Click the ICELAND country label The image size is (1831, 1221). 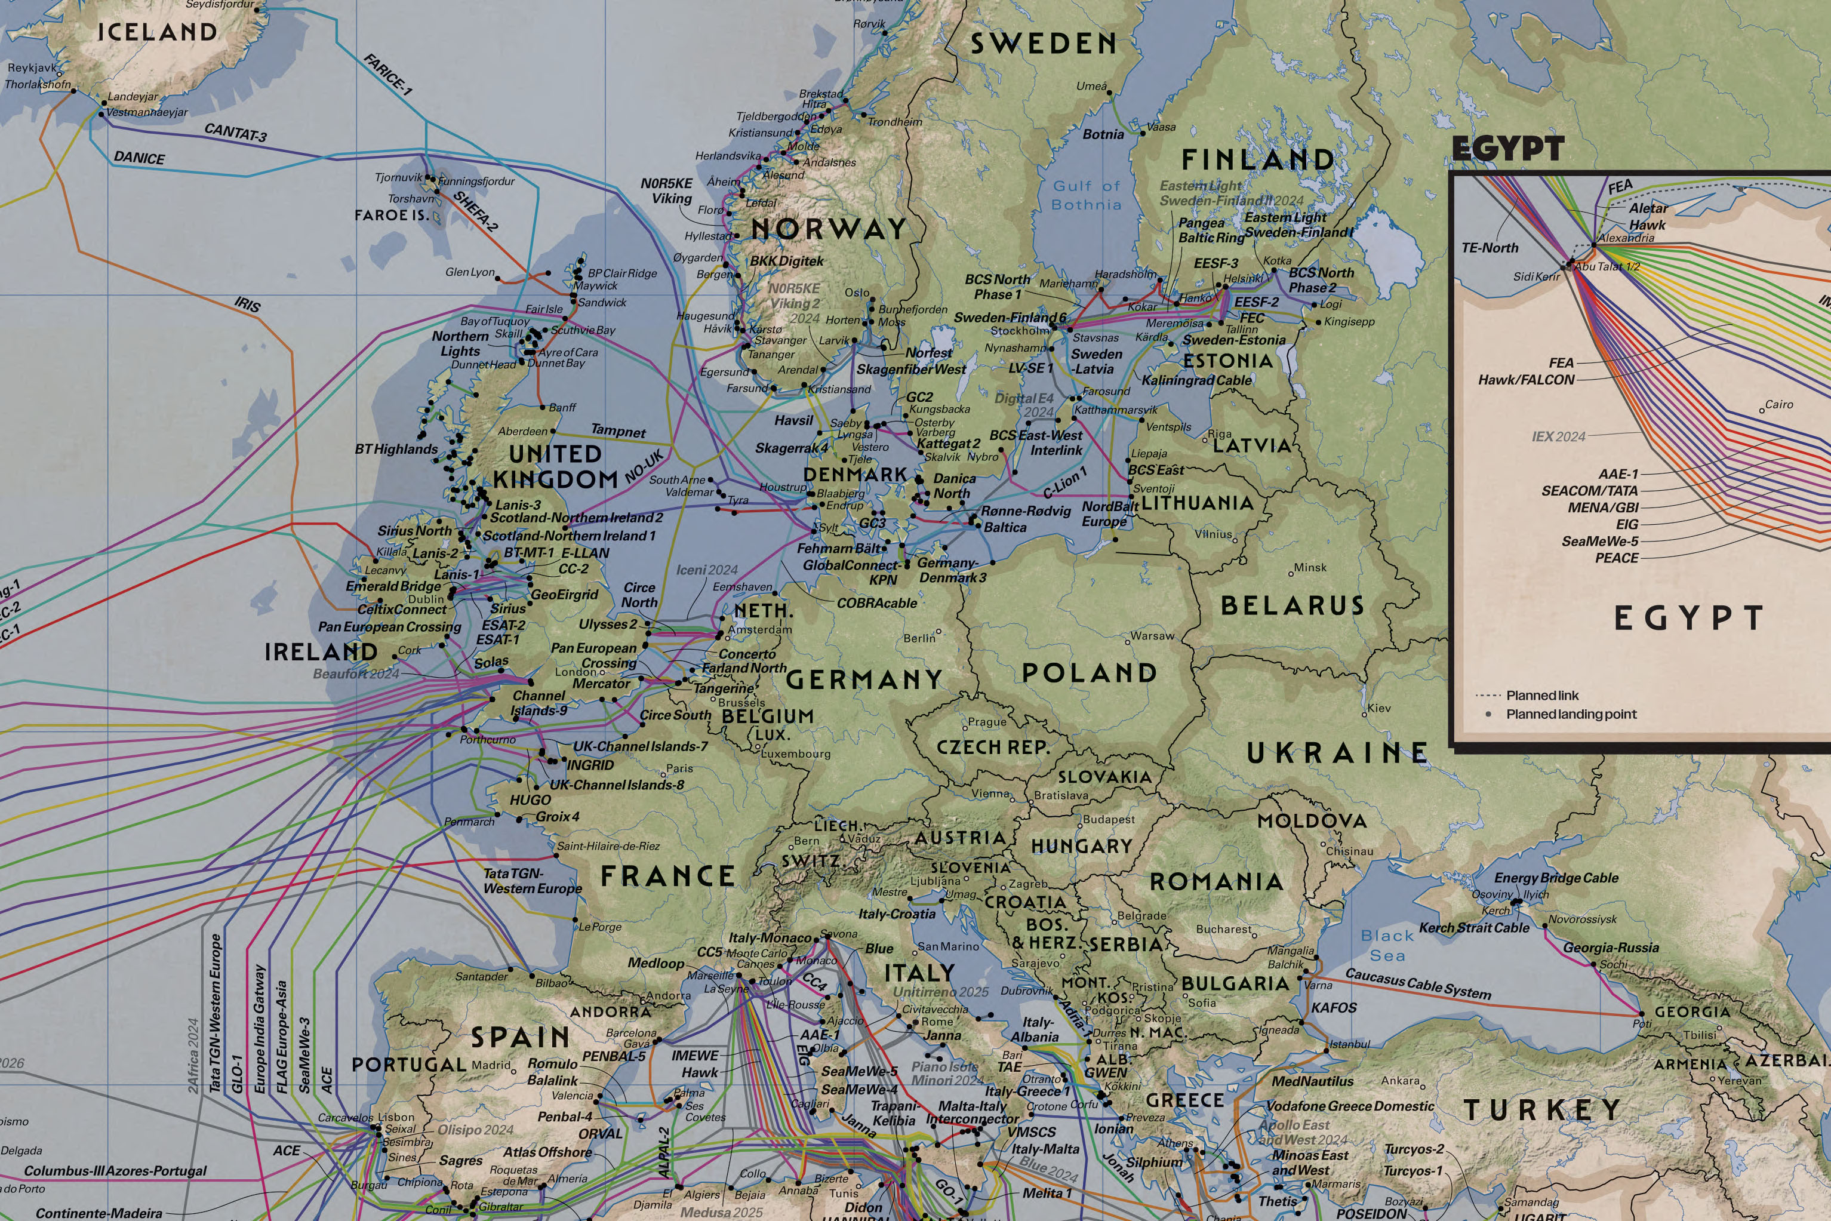pos(157,32)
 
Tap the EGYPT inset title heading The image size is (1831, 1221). pos(1507,148)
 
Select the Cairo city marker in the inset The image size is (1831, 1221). pos(1762,410)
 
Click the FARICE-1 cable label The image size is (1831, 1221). pos(387,74)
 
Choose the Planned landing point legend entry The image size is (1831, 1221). pos(1570,714)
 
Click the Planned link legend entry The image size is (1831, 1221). pos(1541,696)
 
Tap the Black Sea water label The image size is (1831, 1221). pos(1387,945)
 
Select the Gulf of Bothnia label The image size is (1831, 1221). pos(1087,195)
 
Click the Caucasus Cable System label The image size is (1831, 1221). pos(1418,985)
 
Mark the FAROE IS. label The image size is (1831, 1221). pos(392,215)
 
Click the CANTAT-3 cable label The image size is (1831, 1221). pos(235,133)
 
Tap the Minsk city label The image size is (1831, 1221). pos(1310,568)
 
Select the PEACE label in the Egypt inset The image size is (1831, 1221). pos(1617,558)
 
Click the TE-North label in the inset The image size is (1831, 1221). pos(1490,248)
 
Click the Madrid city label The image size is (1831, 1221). pos(491,1065)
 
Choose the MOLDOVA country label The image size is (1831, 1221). pos(1312,821)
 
